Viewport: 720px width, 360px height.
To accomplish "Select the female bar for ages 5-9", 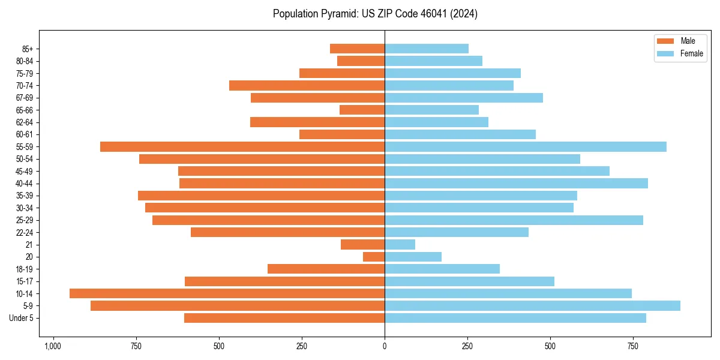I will pos(532,305).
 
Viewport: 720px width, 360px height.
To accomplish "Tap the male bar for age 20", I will pos(374,257).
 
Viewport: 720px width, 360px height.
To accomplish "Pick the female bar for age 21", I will pos(400,244).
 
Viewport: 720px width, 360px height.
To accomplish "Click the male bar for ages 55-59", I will pos(242,146).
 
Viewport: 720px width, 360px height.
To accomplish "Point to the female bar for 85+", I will pos(427,49).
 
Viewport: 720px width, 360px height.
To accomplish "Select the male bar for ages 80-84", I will pos(361,61).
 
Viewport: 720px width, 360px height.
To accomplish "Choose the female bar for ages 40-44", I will pos(516,183).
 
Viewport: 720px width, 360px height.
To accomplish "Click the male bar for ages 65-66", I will pos(362,110).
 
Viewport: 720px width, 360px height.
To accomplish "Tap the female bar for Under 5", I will pos(515,318).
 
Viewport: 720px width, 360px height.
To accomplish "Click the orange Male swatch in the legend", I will pos(665,41).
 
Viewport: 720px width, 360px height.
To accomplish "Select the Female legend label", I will pos(691,53).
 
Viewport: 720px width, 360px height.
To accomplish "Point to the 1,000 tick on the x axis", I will pos(53,346).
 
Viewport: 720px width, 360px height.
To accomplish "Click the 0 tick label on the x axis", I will pos(385,346).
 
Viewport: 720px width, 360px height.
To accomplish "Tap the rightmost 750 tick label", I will pos(632,346).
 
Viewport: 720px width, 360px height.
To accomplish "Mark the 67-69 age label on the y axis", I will pos(25,98).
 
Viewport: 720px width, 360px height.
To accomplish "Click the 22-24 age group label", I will pos(25,232).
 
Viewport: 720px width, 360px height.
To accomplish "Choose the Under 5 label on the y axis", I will pos(22,318).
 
